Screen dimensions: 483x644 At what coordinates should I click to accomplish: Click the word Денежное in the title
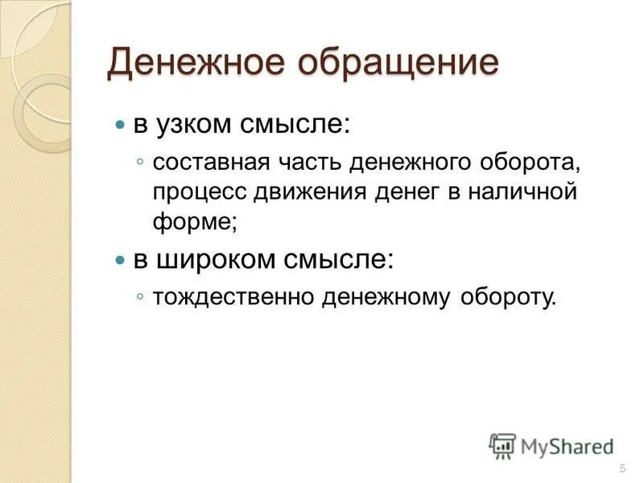pyautogui.click(x=203, y=64)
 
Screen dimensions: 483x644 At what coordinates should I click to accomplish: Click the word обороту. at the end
pyautogui.click(x=509, y=298)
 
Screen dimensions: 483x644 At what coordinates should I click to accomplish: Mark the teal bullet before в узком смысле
pyautogui.click(x=121, y=127)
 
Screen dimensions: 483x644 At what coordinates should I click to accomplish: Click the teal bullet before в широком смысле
pyautogui.click(x=121, y=261)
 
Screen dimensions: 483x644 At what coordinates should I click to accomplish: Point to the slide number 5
pyautogui.click(x=622, y=469)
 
